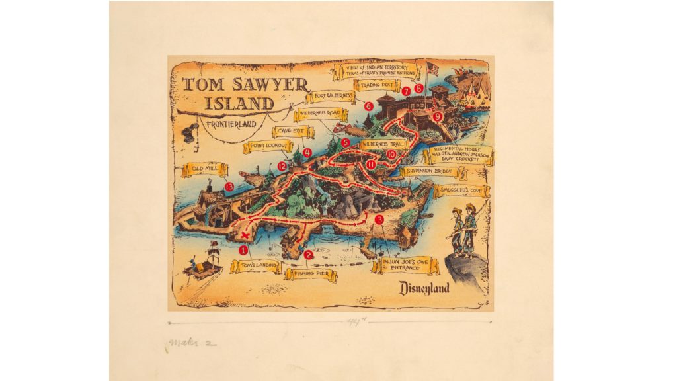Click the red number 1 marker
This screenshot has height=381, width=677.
click(x=243, y=251)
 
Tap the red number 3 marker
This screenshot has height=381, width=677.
click(x=379, y=220)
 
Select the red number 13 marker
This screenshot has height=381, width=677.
click(x=229, y=187)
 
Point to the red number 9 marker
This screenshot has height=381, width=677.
click(x=436, y=116)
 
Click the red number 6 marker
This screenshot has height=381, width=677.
click(x=369, y=105)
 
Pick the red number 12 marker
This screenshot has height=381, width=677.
click(x=282, y=166)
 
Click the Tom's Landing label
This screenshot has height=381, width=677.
click(x=256, y=266)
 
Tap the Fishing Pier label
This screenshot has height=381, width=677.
click(x=311, y=274)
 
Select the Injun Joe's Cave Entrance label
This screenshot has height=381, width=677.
click(x=402, y=265)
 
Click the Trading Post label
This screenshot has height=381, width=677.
click(x=377, y=85)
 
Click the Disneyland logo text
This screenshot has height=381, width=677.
click(x=424, y=288)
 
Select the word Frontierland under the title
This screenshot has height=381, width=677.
click(x=229, y=124)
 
